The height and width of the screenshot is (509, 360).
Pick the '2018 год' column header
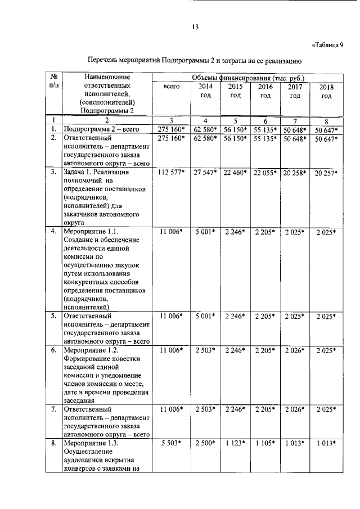click(326, 92)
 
